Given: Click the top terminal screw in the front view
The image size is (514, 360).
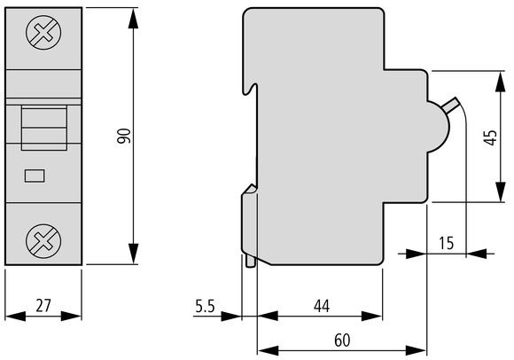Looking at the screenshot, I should (x=42, y=35).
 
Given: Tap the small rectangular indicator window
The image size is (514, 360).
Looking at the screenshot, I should (x=36, y=176).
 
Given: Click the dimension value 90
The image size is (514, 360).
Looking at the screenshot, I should (x=124, y=137).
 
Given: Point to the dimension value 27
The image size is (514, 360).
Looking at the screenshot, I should (x=43, y=306).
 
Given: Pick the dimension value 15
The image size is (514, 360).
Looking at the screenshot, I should (x=447, y=242).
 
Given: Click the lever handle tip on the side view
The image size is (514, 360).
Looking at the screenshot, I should (x=457, y=105).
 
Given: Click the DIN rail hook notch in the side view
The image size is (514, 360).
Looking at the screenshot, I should (x=252, y=88).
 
